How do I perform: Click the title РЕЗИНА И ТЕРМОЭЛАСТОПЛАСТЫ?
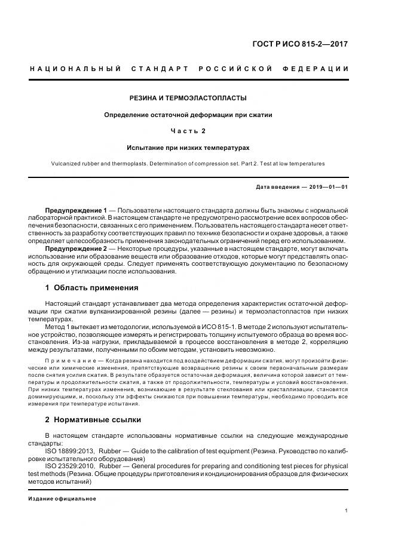pyautogui.click(x=188, y=97)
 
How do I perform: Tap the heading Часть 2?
pyautogui.click(x=188, y=130)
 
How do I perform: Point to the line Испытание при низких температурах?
pyautogui.click(x=188, y=147)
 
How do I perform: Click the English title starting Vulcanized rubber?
pyautogui.click(x=188, y=163)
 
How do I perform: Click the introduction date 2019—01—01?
pyautogui.click(x=327, y=187)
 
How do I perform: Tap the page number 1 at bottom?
pyautogui.click(x=346, y=510)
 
